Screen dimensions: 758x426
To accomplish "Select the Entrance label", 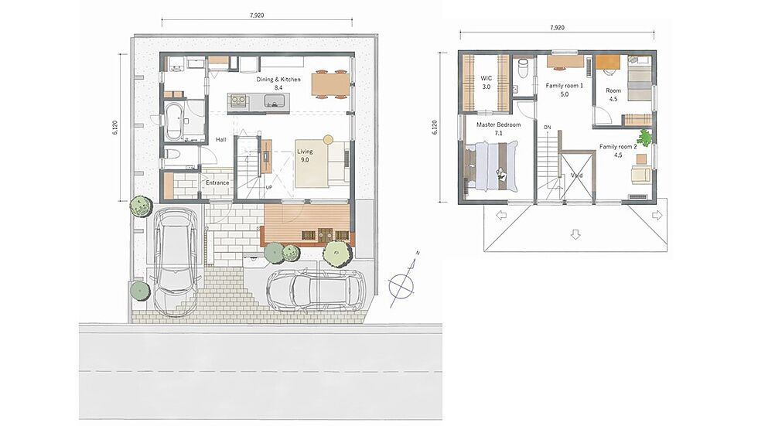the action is click(217, 182).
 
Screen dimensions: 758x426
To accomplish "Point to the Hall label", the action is click(221, 140).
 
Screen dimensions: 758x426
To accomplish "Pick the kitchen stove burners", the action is click(238, 101).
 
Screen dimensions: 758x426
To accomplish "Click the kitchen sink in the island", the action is click(274, 101).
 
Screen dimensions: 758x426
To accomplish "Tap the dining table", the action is click(329, 84).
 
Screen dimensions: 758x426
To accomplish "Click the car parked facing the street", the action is click(175, 262).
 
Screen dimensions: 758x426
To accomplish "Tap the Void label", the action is click(577, 176).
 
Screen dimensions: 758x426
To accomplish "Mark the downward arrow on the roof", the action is click(575, 234).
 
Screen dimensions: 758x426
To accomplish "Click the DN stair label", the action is click(548, 128).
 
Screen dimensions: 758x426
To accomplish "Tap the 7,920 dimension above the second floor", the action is click(557, 28).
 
